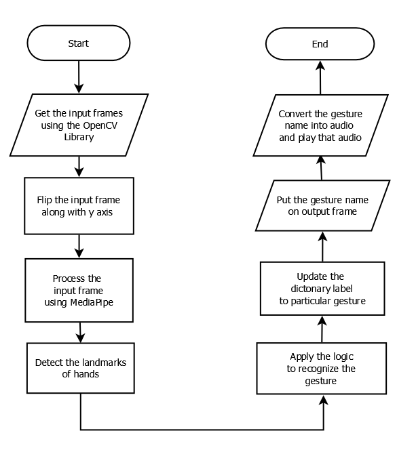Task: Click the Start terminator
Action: pyautogui.click(x=78, y=44)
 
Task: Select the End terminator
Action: pyautogui.click(x=320, y=44)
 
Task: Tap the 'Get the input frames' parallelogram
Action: pyautogui.click(x=79, y=125)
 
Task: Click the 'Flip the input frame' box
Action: pyautogui.click(x=80, y=205)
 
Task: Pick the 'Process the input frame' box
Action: pyautogui.click(x=80, y=289)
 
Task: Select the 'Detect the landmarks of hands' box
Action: pyautogui.click(x=81, y=368)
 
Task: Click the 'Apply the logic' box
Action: pyautogui.click(x=322, y=369)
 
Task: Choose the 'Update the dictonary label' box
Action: pyautogui.click(x=322, y=289)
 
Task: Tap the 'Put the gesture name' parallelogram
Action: pyautogui.click(x=322, y=206)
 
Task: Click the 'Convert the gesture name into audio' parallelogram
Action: pyautogui.click(x=320, y=125)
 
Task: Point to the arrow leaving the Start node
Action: pyautogui.click(x=79, y=77)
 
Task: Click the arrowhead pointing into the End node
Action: pyautogui.click(x=320, y=66)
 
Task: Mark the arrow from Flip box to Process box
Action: pyautogui.click(x=79, y=246)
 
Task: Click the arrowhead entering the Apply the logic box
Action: pyautogui.click(x=323, y=401)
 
